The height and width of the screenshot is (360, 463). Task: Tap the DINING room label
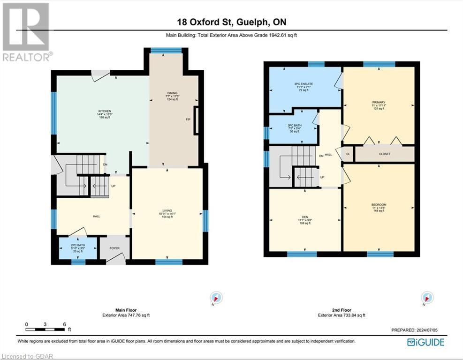(x=172, y=93)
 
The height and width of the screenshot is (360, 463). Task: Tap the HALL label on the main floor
(x=97, y=216)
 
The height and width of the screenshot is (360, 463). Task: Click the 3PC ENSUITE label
(x=304, y=84)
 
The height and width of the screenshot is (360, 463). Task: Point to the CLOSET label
(x=385, y=154)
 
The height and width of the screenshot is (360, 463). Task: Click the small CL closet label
(x=348, y=154)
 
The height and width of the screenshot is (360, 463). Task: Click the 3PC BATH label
(x=294, y=125)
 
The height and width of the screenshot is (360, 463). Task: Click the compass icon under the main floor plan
(x=216, y=298)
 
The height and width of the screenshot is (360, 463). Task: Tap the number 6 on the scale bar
(x=64, y=324)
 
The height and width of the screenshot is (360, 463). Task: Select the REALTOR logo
(x=26, y=31)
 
